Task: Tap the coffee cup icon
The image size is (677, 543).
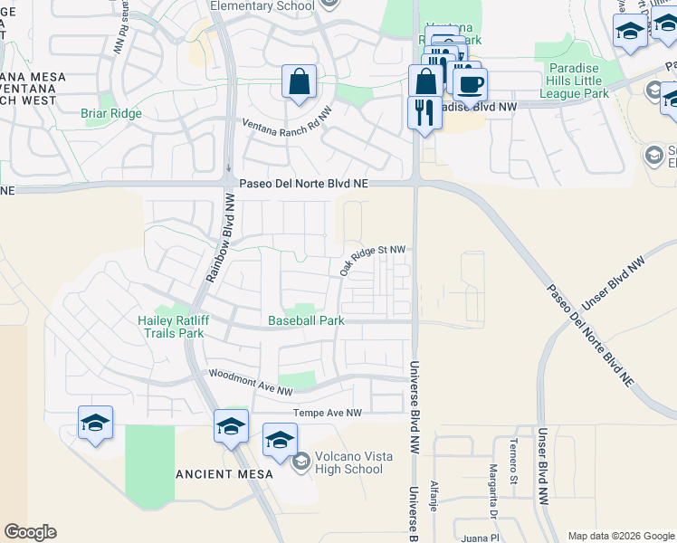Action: coord(469,85)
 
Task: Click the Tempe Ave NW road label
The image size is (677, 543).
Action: coord(327,413)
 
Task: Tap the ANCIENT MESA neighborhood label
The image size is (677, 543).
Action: coord(218,474)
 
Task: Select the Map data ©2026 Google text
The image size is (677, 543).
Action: coord(620,536)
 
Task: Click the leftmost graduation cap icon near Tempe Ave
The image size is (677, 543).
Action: coord(95,424)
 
